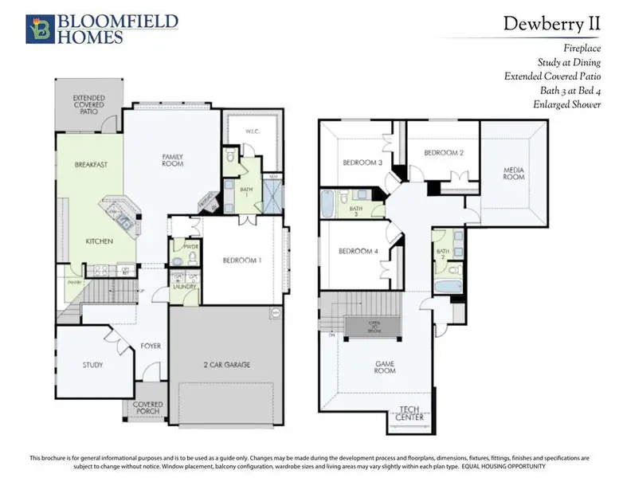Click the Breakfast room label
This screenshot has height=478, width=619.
coord(91,165)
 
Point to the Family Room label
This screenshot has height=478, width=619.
coord(173,160)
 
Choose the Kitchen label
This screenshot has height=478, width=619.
coord(100,241)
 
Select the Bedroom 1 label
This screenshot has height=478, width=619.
coord(242,261)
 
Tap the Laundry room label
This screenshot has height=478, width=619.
coord(183,287)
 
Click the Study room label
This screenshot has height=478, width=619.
coord(92,365)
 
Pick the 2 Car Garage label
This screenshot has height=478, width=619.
coord(227,365)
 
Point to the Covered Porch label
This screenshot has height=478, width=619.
coord(148,408)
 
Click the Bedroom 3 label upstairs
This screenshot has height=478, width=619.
coord(362,163)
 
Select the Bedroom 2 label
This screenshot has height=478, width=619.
coord(444,152)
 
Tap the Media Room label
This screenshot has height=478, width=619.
coord(514,173)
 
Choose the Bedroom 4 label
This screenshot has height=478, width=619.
coord(358,252)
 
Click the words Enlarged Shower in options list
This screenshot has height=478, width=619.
coord(567,105)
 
